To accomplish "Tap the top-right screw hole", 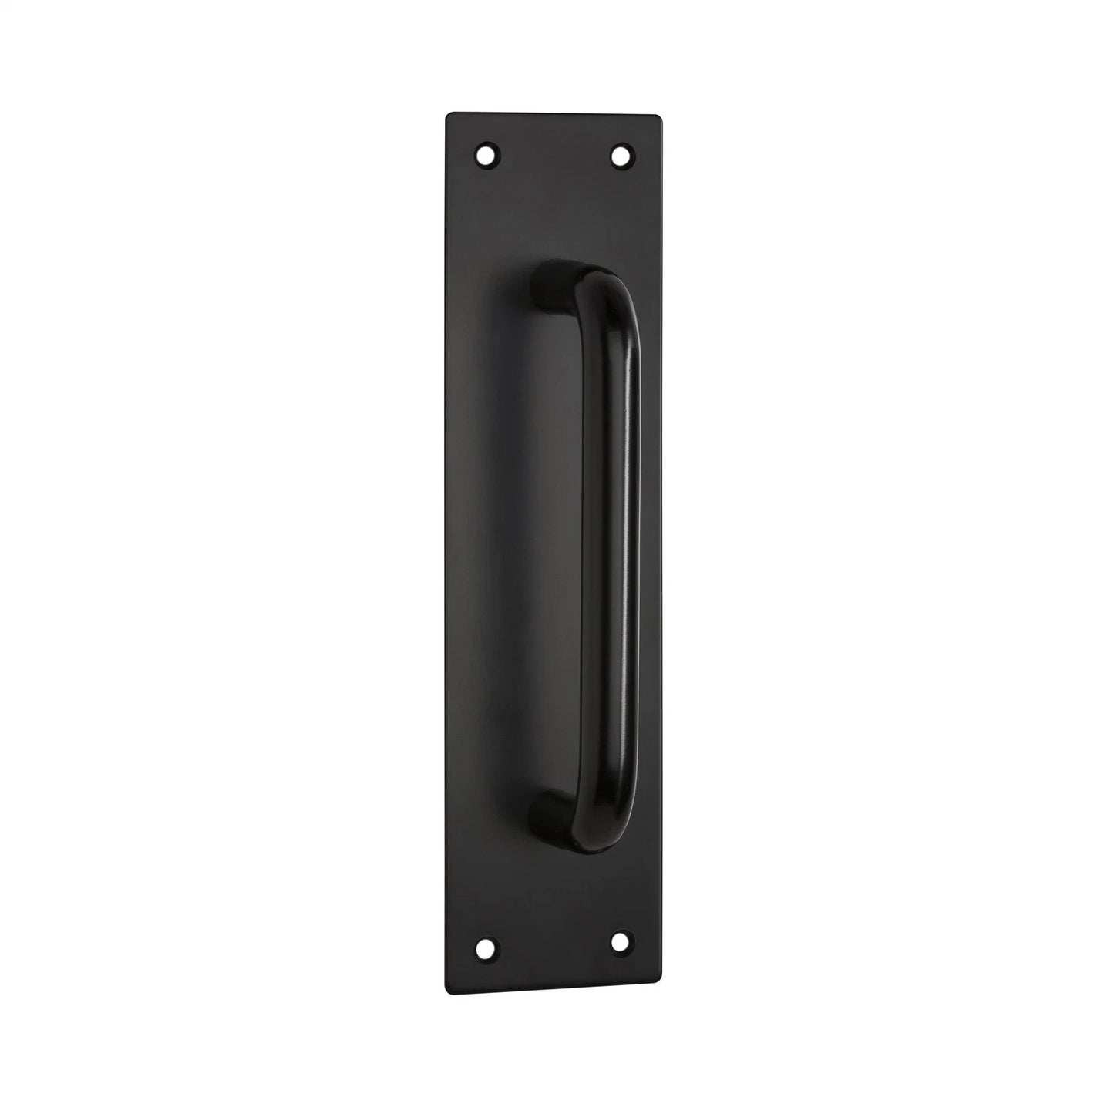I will (621, 156).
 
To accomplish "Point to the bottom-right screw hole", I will (621, 941).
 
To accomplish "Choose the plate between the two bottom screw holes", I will (553, 943).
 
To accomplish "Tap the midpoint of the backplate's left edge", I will (448, 553).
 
